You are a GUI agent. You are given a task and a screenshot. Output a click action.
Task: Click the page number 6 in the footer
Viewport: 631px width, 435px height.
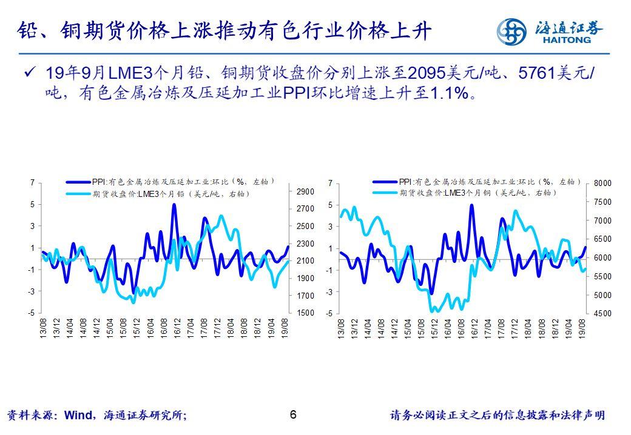pos(294,415)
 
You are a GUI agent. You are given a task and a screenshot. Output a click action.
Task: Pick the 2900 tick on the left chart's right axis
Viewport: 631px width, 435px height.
pos(305,191)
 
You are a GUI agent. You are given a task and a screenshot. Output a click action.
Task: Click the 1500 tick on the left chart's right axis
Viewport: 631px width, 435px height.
pos(305,313)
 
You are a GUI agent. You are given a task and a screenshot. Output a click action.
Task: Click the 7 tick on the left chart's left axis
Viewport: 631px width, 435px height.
pos(33,182)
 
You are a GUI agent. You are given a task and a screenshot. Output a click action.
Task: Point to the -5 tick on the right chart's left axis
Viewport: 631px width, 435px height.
pos(329,314)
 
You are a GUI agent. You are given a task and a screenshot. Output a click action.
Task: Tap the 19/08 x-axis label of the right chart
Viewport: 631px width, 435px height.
pos(583,330)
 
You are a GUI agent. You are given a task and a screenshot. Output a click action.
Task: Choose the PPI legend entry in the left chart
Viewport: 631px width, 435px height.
pos(176,181)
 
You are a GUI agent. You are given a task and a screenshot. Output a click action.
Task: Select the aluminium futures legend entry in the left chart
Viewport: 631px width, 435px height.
pos(176,194)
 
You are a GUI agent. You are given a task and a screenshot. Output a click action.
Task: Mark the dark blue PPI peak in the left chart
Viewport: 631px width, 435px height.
pos(174,205)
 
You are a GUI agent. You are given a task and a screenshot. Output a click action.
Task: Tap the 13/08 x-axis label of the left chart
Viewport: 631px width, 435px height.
pos(43,330)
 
